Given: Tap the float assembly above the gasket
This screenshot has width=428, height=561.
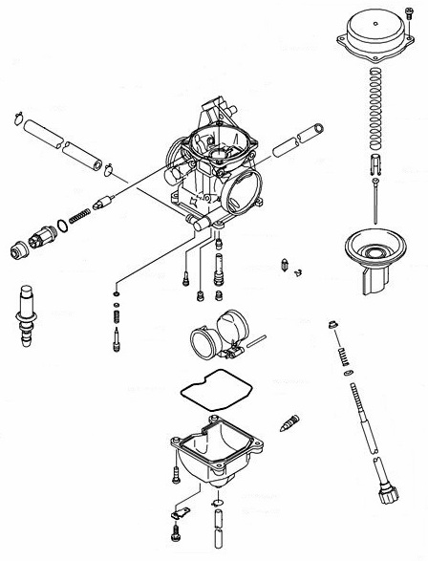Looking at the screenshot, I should (216, 338).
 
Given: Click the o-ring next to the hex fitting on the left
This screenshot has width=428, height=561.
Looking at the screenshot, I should (62, 227).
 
